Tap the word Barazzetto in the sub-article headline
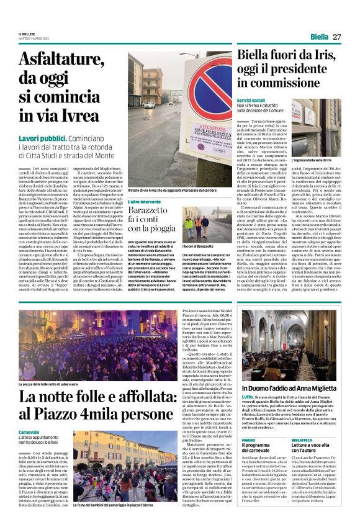coord(153,212)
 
